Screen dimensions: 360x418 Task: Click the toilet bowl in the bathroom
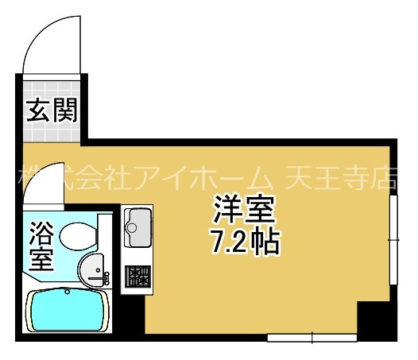click(77, 235)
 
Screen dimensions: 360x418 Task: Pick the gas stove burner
click(138, 275)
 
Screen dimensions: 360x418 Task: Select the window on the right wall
click(393, 238)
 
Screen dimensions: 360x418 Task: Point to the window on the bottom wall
click(311, 338)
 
